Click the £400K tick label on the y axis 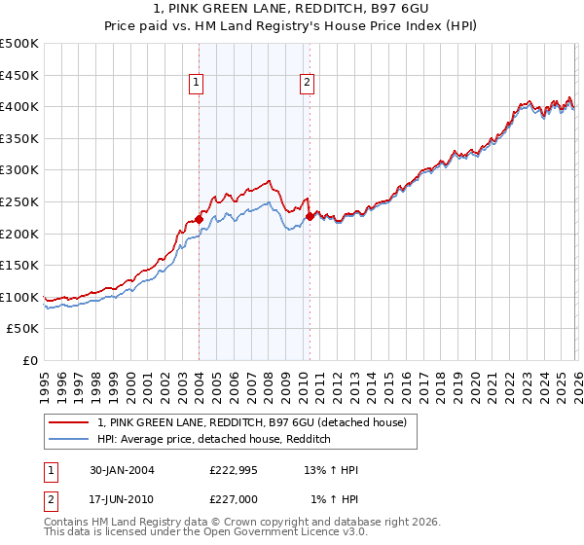click(19, 106)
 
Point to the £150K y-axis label click(19, 265)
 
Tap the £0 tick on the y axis click(31, 360)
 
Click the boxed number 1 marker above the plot click(197, 84)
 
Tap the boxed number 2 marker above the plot click(307, 84)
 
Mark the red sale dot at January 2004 click(199, 219)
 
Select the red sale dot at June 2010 click(310, 216)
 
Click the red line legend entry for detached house click(258, 422)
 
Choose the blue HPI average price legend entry click(214, 439)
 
